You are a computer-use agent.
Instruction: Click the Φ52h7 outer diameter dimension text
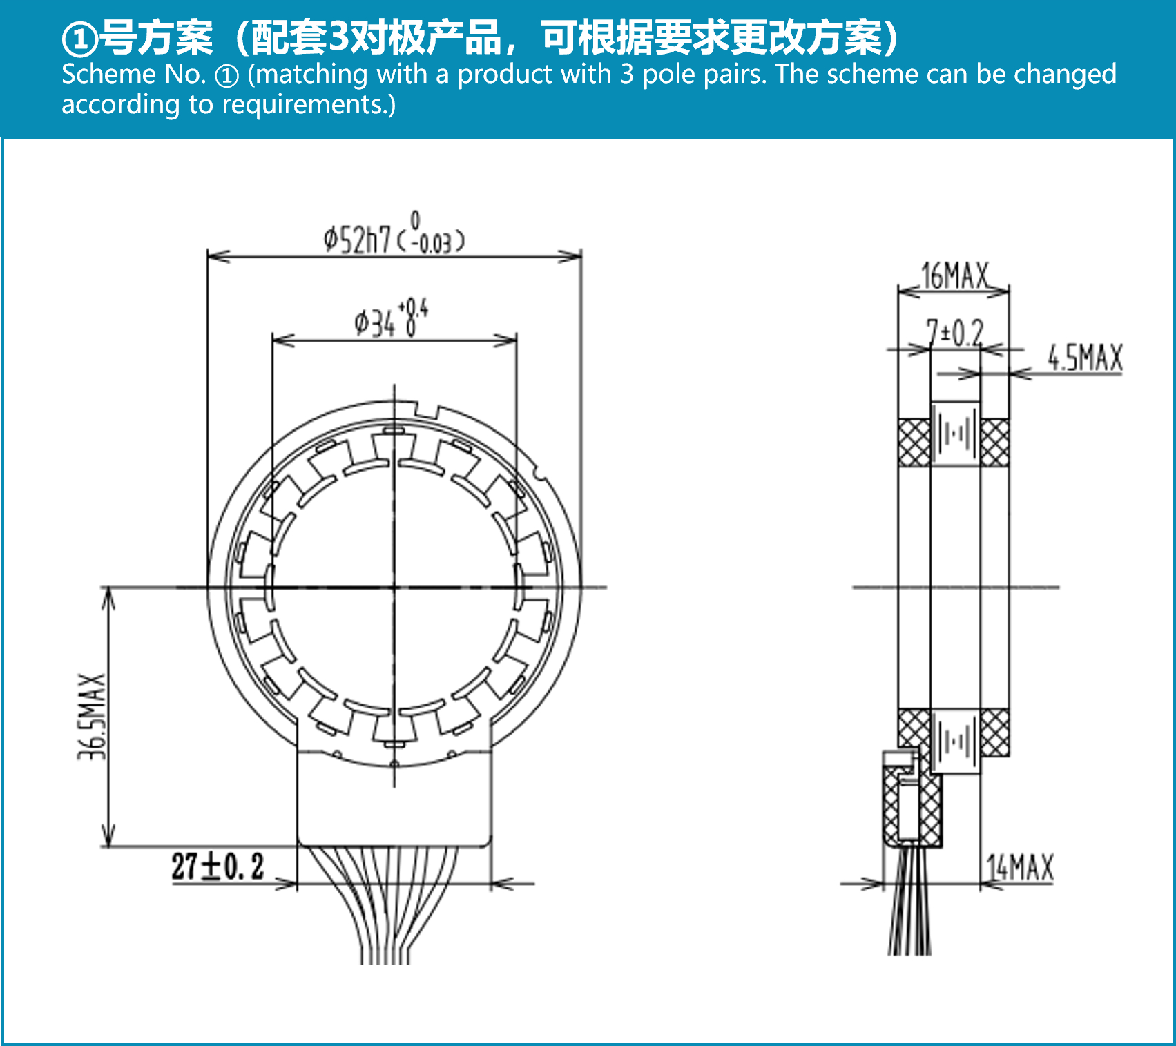394,235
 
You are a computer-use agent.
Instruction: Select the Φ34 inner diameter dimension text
392,318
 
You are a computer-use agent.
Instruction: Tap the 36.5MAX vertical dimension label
93,717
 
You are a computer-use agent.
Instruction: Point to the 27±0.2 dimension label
218,866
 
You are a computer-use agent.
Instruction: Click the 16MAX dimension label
956,275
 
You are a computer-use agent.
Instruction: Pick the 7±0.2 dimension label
955,333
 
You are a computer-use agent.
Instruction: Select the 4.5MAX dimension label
1085,358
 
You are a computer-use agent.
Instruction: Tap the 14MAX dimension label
1021,867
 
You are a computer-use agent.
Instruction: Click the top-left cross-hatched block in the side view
914,442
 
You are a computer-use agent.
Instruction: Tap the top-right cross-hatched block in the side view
994,442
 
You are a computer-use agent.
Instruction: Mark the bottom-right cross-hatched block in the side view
994,732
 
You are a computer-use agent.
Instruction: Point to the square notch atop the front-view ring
428,410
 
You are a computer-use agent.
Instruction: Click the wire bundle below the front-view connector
384,904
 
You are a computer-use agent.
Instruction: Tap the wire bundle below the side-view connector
909,901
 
